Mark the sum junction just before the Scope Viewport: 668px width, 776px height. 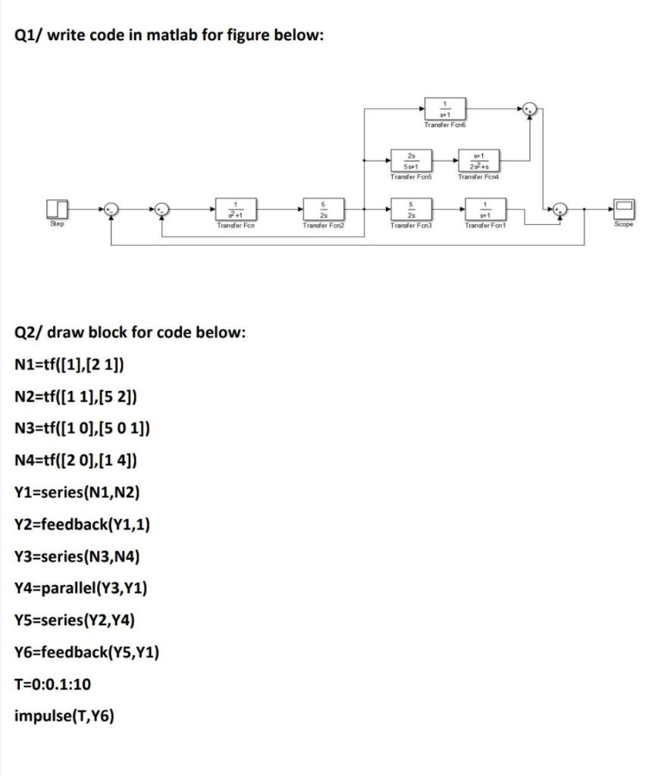(x=560, y=210)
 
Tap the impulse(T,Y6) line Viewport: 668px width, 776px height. (x=64, y=715)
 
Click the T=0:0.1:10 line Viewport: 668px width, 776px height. (x=53, y=684)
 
